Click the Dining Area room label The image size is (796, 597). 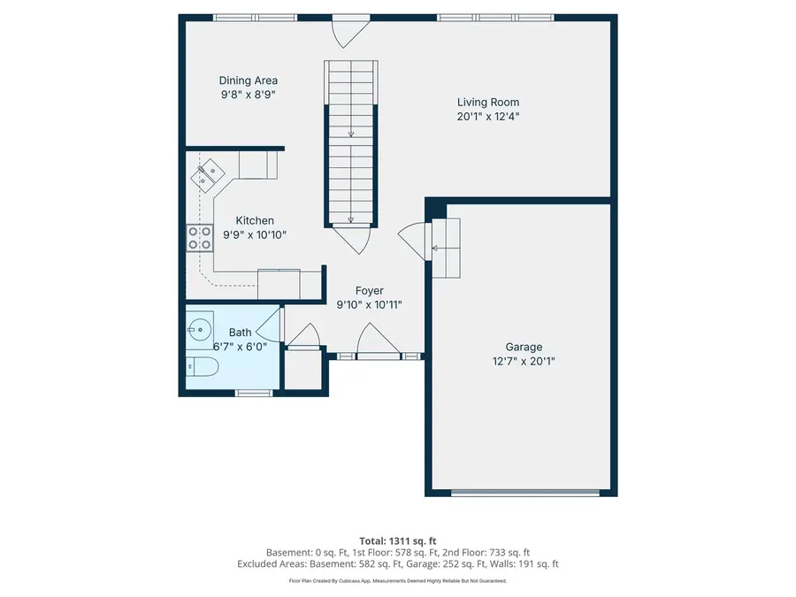(x=249, y=80)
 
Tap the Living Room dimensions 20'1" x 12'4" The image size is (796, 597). (x=488, y=116)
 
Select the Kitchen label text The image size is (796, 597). (x=255, y=220)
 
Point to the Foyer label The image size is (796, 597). (x=369, y=290)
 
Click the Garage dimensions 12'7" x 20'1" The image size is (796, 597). (x=524, y=361)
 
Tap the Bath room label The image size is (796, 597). (x=240, y=333)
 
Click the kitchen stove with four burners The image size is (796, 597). (x=199, y=237)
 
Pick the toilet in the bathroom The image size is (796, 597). (x=200, y=367)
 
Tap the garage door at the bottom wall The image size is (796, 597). (x=524, y=492)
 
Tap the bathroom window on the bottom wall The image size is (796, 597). (x=254, y=392)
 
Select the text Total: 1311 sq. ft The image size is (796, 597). (x=397, y=540)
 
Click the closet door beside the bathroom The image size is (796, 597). (x=303, y=338)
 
